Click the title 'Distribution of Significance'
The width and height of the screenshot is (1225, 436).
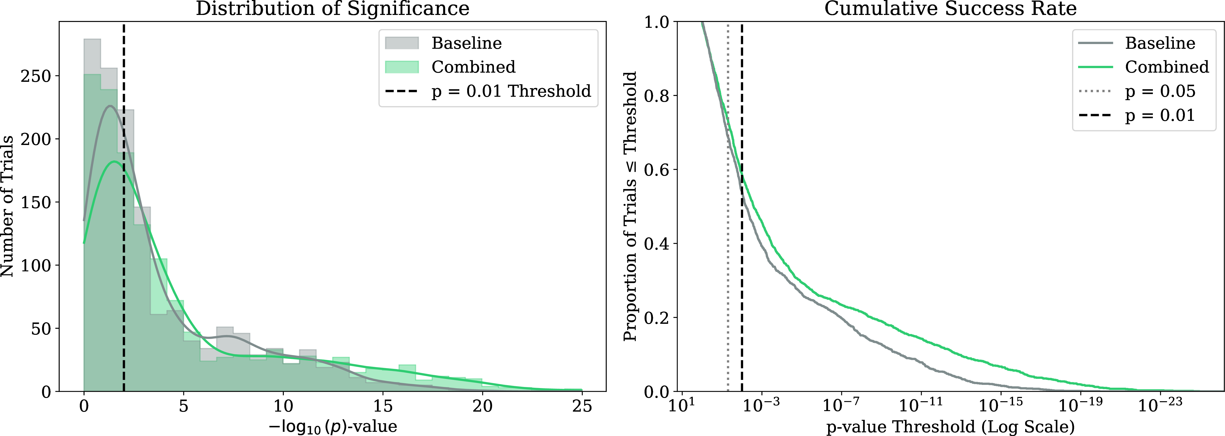point(332,9)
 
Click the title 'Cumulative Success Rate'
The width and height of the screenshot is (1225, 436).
point(950,9)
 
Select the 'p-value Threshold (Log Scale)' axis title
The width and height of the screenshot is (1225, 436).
point(950,427)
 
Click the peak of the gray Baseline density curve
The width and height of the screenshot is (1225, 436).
point(110,106)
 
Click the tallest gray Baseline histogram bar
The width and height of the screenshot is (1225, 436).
point(92,215)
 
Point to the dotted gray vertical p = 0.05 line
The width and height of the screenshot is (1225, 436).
point(728,206)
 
